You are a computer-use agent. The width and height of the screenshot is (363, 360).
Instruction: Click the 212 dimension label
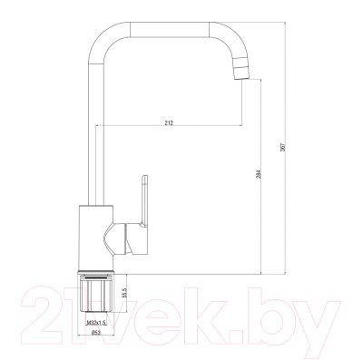169,122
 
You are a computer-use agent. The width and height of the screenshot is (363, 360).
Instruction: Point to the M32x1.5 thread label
96,323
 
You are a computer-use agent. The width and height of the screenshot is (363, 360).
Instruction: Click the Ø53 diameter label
95,333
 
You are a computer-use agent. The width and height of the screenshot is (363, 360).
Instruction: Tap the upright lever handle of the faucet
143,201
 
